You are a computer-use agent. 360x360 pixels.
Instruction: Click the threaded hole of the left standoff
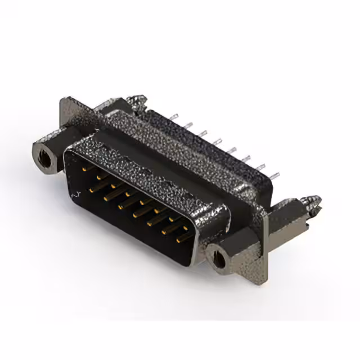point(44,153)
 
